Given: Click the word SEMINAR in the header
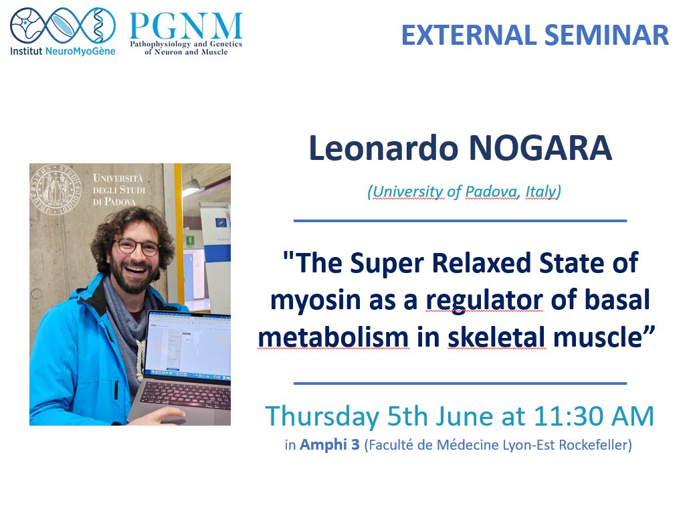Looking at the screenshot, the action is pos(607,35).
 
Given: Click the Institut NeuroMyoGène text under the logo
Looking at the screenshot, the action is pos(63,51).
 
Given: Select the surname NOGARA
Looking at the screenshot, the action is pos(540,148).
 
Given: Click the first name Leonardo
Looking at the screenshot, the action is pos(383,148).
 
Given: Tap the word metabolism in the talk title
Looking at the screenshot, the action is pos(334,338).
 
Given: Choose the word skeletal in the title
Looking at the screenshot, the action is pos(496,338).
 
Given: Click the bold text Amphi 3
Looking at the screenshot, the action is pos(330,445).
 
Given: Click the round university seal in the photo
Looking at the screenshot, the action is pos(56,189).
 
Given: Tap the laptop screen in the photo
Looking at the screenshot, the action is pos(189,345).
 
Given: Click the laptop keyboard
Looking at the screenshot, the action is pos(185,396).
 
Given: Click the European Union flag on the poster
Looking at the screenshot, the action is pos(221,223).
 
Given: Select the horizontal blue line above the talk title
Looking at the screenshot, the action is pos(460,221).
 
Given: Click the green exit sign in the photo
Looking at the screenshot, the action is pos(190,240).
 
